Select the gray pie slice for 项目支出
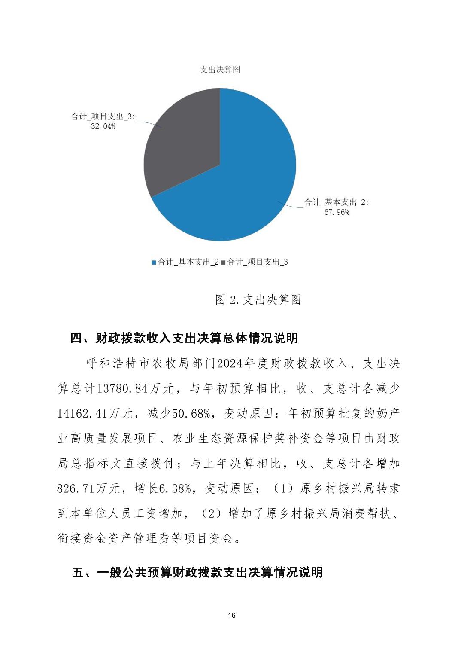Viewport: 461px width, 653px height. [x=185, y=142]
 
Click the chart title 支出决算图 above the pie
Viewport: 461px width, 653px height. [x=220, y=70]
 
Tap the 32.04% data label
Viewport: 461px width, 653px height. [x=103, y=126]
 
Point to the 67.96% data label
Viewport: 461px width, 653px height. [x=336, y=212]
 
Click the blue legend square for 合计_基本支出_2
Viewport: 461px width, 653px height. [x=154, y=262]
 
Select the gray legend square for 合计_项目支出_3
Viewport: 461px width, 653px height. [x=223, y=262]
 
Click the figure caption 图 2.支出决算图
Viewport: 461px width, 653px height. [x=258, y=299]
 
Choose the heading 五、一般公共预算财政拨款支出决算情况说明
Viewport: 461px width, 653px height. [x=197, y=572]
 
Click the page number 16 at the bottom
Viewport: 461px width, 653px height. [x=232, y=616]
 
